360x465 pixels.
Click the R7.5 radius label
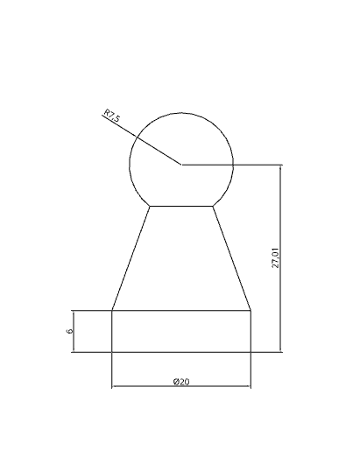[x=112, y=116]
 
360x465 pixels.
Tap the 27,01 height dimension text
[x=276, y=257]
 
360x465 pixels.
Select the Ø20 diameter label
[x=181, y=382]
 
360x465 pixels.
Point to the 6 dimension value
[x=70, y=331]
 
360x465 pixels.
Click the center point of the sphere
[x=181, y=164]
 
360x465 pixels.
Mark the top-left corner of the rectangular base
[x=112, y=311]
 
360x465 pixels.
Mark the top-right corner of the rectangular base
[x=251, y=311]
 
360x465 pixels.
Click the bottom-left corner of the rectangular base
[x=112, y=352]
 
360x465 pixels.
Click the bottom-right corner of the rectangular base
[x=251, y=352]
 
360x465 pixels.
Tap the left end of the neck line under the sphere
[x=150, y=206]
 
